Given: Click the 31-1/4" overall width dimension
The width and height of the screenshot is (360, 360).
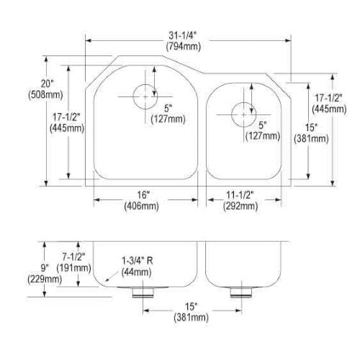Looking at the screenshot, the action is click(182, 35).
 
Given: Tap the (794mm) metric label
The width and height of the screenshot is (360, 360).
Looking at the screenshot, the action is click(184, 46).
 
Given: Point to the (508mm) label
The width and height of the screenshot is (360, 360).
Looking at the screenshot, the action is click(45, 94).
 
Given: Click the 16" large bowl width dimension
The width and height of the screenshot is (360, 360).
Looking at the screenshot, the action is click(143, 195).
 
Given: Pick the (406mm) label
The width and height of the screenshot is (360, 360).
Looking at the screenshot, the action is click(141, 206).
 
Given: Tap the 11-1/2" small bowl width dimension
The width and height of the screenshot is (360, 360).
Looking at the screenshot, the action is click(240, 195).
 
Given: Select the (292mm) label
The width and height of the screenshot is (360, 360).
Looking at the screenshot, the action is click(240, 206).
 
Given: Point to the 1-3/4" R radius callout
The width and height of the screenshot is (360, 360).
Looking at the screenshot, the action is click(138, 261).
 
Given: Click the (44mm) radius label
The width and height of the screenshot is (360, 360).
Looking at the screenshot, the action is click(136, 272).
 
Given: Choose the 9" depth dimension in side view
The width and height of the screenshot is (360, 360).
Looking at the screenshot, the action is click(45, 268).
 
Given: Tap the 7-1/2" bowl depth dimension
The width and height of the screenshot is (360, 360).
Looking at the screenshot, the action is click(73, 257).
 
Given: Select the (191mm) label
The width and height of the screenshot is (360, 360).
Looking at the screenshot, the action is click(73, 268).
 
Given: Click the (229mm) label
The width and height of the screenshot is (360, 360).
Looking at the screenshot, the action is click(45, 279).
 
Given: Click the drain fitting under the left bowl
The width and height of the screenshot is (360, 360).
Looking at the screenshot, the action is click(143, 292).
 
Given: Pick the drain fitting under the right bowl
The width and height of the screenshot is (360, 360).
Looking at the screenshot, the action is click(241, 292).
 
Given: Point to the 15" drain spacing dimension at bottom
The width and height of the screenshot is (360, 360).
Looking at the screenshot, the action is click(192, 307).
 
